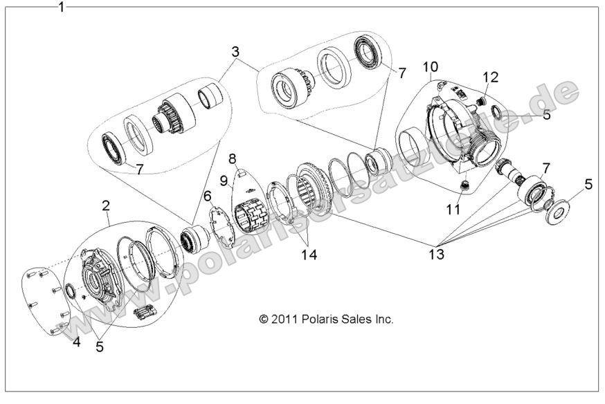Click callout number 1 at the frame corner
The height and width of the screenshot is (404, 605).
[x=62, y=8]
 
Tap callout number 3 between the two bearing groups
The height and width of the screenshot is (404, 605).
[x=235, y=52]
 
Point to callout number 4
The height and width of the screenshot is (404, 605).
[x=77, y=341]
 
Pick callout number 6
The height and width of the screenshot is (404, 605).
[x=207, y=196]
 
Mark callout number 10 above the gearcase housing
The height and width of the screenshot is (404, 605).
[x=431, y=66]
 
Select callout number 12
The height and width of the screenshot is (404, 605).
[x=490, y=76]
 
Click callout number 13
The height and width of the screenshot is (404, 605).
[x=437, y=254]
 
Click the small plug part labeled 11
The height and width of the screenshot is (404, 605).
[x=464, y=185]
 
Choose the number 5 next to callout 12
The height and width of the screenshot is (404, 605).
[x=546, y=116]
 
